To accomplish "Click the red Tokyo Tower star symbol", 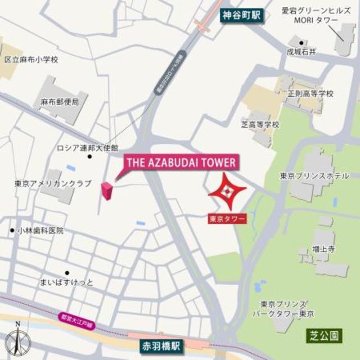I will pos(226,193).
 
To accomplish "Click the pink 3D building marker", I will pos(107,190).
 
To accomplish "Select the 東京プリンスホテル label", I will pos(314,176).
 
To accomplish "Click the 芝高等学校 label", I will pos(260,124).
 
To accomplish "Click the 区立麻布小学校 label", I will pos(31,59).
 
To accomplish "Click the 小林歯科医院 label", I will pos(40,231).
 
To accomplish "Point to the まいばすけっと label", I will pos(67,281).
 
